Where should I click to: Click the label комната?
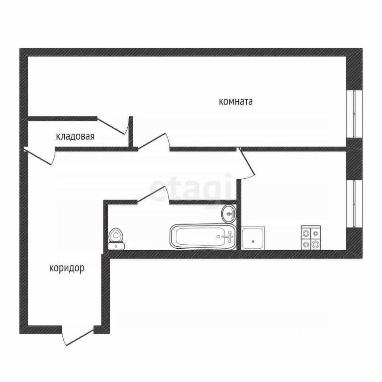236,101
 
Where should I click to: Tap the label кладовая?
75,136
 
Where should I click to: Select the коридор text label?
67,268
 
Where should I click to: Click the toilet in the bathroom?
116,239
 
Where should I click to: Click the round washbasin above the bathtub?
228,214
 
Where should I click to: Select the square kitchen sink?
253,238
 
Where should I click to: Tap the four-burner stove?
311,238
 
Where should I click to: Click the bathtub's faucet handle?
229,236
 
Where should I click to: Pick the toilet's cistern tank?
116,246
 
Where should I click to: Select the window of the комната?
355,114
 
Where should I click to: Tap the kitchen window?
355,204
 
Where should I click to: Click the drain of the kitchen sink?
253,242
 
